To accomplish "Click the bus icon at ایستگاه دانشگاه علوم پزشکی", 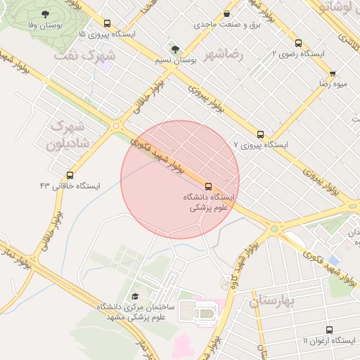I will click(x=208, y=186).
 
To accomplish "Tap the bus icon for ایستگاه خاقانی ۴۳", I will click(x=70, y=175).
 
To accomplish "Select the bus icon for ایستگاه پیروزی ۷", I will click(x=261, y=134).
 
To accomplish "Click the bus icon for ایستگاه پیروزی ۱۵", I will click(x=107, y=23).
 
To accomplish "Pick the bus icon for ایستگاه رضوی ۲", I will click(x=298, y=43).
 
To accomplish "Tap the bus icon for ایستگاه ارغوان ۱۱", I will click(x=329, y=330).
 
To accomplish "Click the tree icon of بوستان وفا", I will click(x=46, y=14).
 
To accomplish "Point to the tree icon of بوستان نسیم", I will click(x=174, y=49).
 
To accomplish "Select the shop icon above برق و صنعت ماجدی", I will click(x=226, y=14).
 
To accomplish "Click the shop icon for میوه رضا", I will click(x=333, y=73).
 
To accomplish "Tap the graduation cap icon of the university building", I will click(x=135, y=297).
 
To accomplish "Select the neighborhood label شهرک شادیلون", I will click(x=66, y=136).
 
